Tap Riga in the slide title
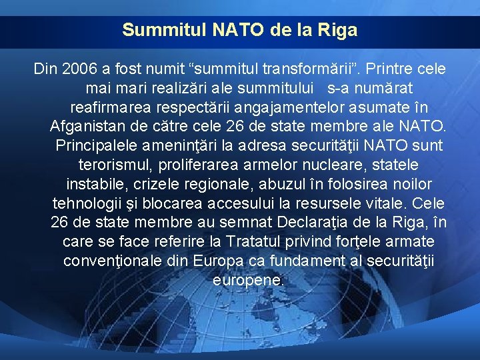(x=340, y=31)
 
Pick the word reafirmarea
(x=109, y=107)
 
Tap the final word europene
(x=248, y=280)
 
